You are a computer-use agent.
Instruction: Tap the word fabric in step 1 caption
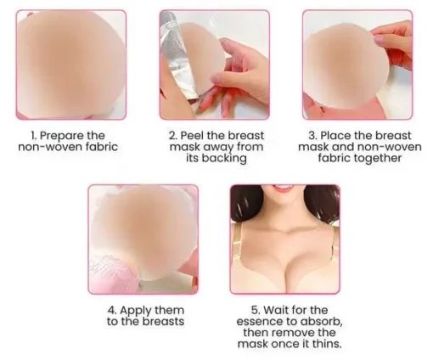pyautogui.click(x=99, y=147)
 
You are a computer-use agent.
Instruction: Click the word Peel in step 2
pyautogui.click(x=191, y=135)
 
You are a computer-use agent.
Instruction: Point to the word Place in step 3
pyautogui.click(x=335, y=135)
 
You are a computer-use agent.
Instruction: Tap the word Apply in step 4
pyautogui.click(x=134, y=311)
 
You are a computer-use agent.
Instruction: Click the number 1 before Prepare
pyautogui.click(x=34, y=136)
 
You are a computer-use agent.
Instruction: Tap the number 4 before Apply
pyautogui.click(x=112, y=310)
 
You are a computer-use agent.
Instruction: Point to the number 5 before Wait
pyautogui.click(x=256, y=310)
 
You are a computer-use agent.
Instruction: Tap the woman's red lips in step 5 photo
pyautogui.click(x=284, y=188)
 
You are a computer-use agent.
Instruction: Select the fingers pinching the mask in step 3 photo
pyautogui.click(x=392, y=42)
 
